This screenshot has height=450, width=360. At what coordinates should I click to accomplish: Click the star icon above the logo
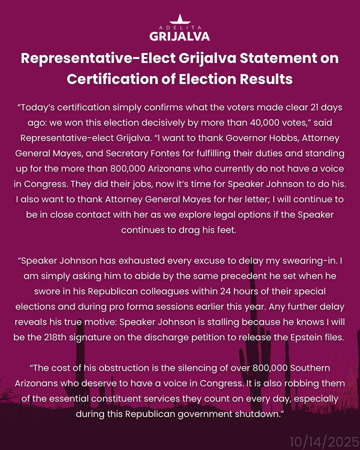(x=180, y=19)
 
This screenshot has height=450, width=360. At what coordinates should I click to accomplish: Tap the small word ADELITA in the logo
(x=180, y=28)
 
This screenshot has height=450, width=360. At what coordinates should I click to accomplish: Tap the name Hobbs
(x=282, y=138)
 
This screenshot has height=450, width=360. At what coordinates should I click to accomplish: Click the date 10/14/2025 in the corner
(x=324, y=442)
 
